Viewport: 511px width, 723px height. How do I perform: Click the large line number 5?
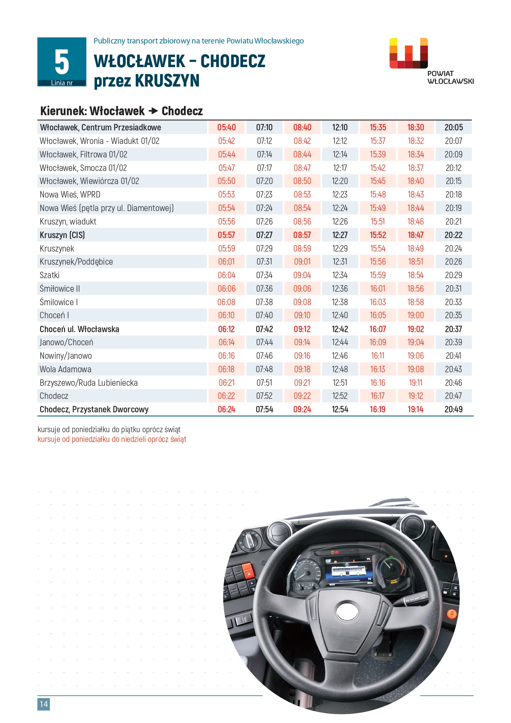pyautogui.click(x=62, y=62)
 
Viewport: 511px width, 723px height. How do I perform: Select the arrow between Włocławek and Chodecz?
pyautogui.click(x=153, y=111)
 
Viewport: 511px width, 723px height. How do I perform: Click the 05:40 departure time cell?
pyautogui.click(x=227, y=127)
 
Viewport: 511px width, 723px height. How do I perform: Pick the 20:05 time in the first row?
pyautogui.click(x=454, y=127)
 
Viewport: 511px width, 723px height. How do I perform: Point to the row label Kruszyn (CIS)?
pyautogui.click(x=62, y=235)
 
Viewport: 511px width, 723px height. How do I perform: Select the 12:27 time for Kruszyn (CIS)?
pyautogui.click(x=340, y=235)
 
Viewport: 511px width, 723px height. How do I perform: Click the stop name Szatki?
pyautogui.click(x=49, y=275)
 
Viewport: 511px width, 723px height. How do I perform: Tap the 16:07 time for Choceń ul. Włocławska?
pyautogui.click(x=378, y=329)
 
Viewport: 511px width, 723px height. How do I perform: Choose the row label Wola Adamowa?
pyautogui.click(x=65, y=369)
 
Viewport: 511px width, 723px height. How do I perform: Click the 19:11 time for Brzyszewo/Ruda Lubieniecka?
pyautogui.click(x=416, y=383)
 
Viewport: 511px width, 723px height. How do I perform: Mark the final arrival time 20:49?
pyautogui.click(x=454, y=409)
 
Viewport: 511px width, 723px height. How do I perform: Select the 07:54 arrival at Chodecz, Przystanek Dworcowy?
pyautogui.click(x=265, y=409)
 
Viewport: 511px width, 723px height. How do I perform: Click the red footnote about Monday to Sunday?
pyautogui.click(x=112, y=439)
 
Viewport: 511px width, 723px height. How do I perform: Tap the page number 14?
pyautogui.click(x=43, y=704)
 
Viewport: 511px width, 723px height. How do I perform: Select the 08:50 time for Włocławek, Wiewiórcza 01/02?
pyautogui.click(x=302, y=181)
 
